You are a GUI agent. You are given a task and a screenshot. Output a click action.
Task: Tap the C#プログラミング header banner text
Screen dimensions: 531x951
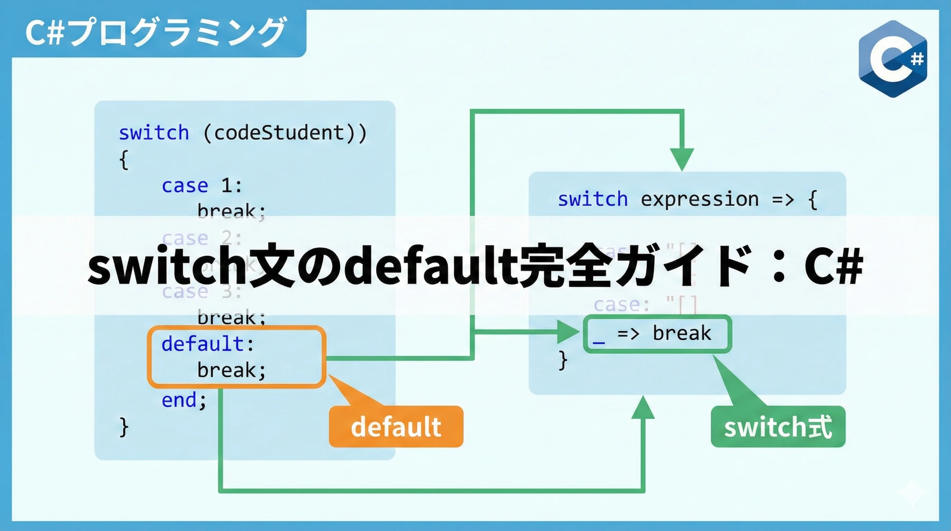pos(155,32)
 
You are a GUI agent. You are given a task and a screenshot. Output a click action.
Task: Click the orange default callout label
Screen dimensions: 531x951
pos(396,427)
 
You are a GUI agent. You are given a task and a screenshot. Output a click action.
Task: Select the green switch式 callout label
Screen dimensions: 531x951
pos(778,427)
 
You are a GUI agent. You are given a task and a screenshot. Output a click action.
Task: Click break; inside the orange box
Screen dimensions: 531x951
pos(232,370)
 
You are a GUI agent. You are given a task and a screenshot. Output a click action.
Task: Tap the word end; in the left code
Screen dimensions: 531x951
pos(184,400)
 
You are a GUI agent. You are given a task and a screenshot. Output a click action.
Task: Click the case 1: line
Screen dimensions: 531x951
pos(201,185)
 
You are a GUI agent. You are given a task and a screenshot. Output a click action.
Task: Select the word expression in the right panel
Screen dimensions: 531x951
pos(699,199)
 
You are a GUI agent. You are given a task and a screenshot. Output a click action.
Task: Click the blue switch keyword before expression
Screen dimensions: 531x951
pos(593,199)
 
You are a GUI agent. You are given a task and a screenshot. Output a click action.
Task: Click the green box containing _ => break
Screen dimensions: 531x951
pos(657,334)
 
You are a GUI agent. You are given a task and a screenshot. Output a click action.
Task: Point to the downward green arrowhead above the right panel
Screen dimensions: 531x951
pos(682,159)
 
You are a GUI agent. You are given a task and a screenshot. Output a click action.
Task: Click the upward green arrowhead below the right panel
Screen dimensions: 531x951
pos(643,408)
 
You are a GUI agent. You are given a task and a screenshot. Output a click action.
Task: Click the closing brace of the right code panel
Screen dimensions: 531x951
pos(563,360)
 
